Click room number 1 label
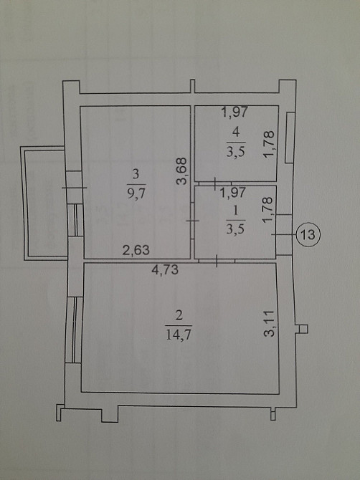[235, 211]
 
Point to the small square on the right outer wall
[301, 330]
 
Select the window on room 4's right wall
[290, 136]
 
